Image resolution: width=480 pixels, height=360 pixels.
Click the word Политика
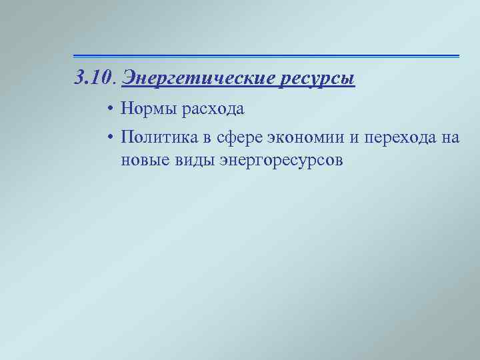pyautogui.click(x=158, y=138)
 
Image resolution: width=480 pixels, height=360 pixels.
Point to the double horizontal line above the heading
pyautogui.click(x=266, y=56)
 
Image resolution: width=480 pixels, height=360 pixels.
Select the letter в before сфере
pyautogui.click(x=207, y=138)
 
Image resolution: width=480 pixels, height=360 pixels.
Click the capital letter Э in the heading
pyautogui.click(x=129, y=79)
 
